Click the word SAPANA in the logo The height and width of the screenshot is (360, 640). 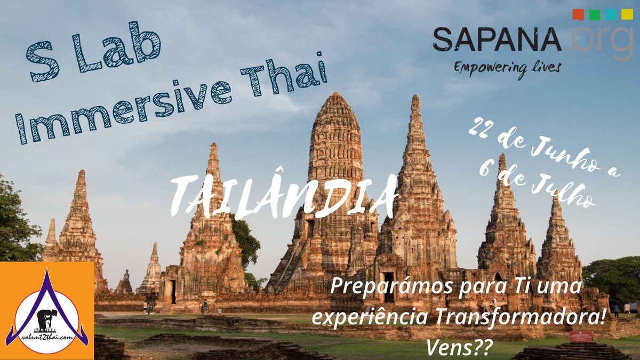pos(497,39)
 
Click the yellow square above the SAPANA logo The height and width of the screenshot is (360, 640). pos(627,14)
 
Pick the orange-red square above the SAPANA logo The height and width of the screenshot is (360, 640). pos(578,14)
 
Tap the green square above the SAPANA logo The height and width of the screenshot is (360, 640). pos(594,14)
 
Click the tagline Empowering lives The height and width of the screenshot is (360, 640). pos(507,68)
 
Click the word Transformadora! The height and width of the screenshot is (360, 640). pos(520,317)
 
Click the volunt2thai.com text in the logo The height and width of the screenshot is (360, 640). pos(46,338)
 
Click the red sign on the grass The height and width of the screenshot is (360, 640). pos(581,337)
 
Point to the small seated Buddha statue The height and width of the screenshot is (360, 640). pos(126,275)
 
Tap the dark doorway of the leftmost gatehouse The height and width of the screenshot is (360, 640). pos(173,291)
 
